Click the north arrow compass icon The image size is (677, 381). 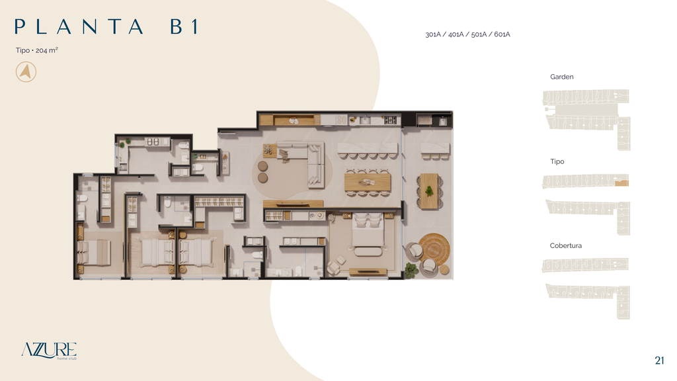(26, 71)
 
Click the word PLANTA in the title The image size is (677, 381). (79, 26)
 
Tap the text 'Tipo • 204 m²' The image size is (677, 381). (37, 50)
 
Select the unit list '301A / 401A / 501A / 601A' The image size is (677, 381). (467, 34)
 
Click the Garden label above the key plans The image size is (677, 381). (562, 77)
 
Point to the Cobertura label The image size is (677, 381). (566, 245)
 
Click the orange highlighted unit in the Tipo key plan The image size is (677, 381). (621, 183)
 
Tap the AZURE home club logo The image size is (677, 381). (49, 351)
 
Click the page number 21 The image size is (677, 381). (659, 360)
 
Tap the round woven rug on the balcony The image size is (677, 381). (434, 249)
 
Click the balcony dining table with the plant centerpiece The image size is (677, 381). (429, 191)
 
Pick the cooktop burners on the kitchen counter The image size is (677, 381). (390, 120)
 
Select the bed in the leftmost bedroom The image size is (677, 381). (94, 252)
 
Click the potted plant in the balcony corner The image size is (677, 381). (411, 270)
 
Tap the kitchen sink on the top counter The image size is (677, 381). (365, 120)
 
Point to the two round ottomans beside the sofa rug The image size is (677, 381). (262, 171)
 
